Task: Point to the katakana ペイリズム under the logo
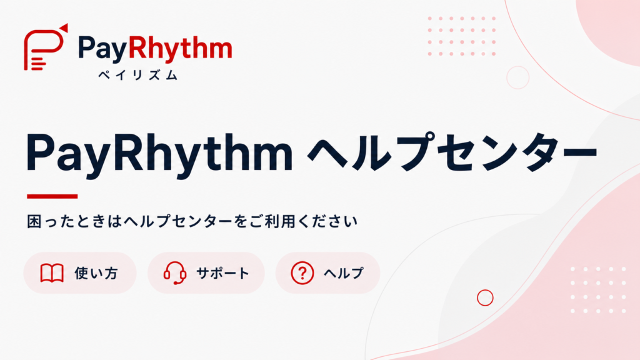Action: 138,75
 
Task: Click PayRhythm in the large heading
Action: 159,154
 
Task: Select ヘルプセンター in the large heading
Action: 452,151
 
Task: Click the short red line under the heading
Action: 52,196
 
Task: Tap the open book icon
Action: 52,273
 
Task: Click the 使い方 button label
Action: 96,273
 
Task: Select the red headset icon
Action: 175,272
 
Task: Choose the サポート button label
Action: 222,273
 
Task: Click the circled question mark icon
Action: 302,272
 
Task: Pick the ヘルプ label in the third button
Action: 344,273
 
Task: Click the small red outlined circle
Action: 485,290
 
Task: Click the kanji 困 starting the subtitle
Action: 34,221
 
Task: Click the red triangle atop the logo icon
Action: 63,27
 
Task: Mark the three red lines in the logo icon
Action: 38,64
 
